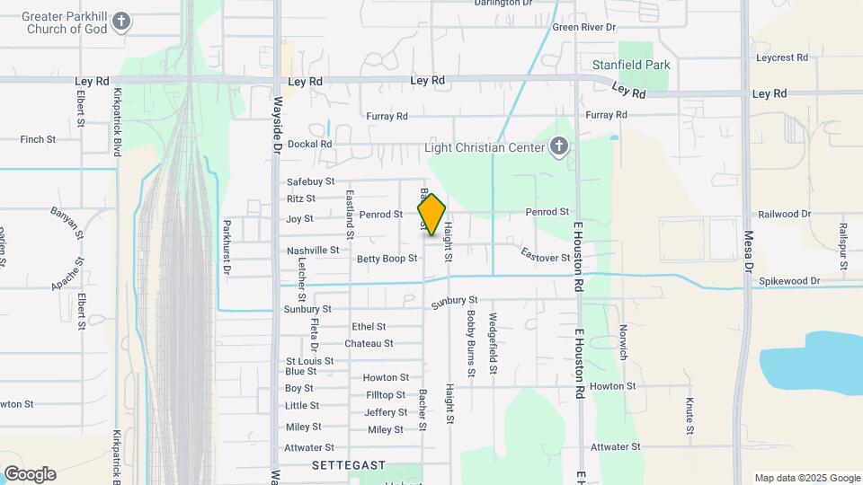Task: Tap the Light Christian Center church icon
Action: pyautogui.click(x=559, y=147)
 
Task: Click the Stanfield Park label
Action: pyautogui.click(x=631, y=66)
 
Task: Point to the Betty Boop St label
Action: pyautogui.click(x=387, y=259)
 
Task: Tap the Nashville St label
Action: pyautogui.click(x=313, y=251)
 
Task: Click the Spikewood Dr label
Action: pyautogui.click(x=790, y=281)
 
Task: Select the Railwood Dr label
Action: pyautogui.click(x=785, y=215)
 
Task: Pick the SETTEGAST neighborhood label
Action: pyautogui.click(x=349, y=466)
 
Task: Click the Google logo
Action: pyautogui.click(x=30, y=474)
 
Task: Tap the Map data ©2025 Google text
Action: pyautogui.click(x=806, y=478)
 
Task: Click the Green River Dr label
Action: pyautogui.click(x=584, y=28)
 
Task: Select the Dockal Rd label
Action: pyautogui.click(x=310, y=144)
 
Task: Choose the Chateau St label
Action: pyautogui.click(x=369, y=344)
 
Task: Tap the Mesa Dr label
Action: pyautogui.click(x=747, y=251)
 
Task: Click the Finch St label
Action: pyautogui.click(x=38, y=140)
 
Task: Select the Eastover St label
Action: pyautogui.click(x=546, y=257)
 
